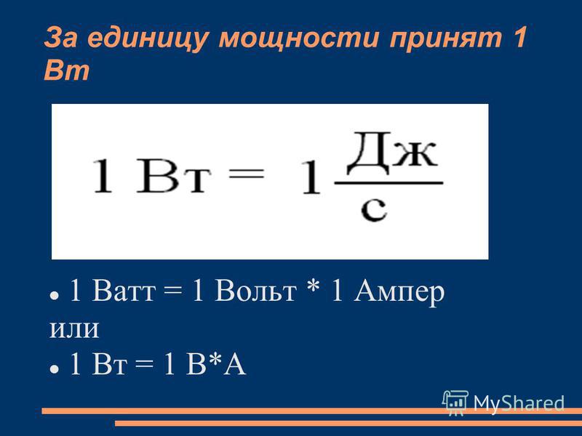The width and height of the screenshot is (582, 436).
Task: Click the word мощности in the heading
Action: [299, 39]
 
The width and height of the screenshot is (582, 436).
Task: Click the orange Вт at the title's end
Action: [67, 70]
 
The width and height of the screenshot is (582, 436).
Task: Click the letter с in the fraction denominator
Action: [374, 209]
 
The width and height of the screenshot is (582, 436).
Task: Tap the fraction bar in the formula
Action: [388, 183]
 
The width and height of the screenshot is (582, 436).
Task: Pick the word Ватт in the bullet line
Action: [123, 291]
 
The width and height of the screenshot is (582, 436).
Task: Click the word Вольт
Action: [256, 290]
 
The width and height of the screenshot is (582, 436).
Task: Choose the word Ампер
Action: [399, 293]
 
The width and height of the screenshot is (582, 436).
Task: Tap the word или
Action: [74, 328]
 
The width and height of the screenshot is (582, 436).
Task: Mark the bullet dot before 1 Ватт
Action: [54, 296]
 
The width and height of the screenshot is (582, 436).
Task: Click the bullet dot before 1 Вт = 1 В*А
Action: [54, 369]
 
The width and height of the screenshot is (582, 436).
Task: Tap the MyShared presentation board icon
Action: [455, 403]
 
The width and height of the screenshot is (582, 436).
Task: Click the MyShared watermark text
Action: [519, 403]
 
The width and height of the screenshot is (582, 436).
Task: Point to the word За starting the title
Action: [61, 39]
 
